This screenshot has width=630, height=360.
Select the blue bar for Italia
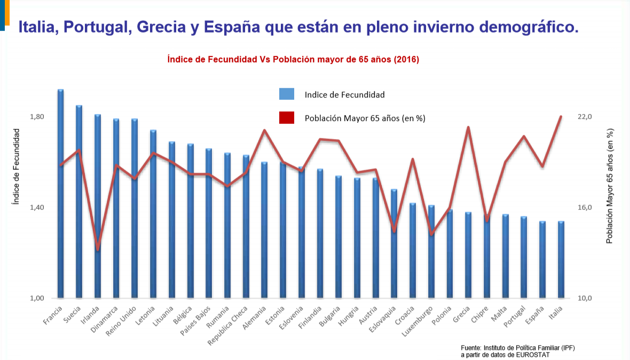[561, 262]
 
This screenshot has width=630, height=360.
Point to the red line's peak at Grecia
[468, 127]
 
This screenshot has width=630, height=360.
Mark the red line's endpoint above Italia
[561, 116]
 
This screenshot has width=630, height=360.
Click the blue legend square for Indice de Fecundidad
[287, 95]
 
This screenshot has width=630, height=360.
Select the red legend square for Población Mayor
[287, 118]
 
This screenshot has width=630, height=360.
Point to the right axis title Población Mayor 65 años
[610, 186]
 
